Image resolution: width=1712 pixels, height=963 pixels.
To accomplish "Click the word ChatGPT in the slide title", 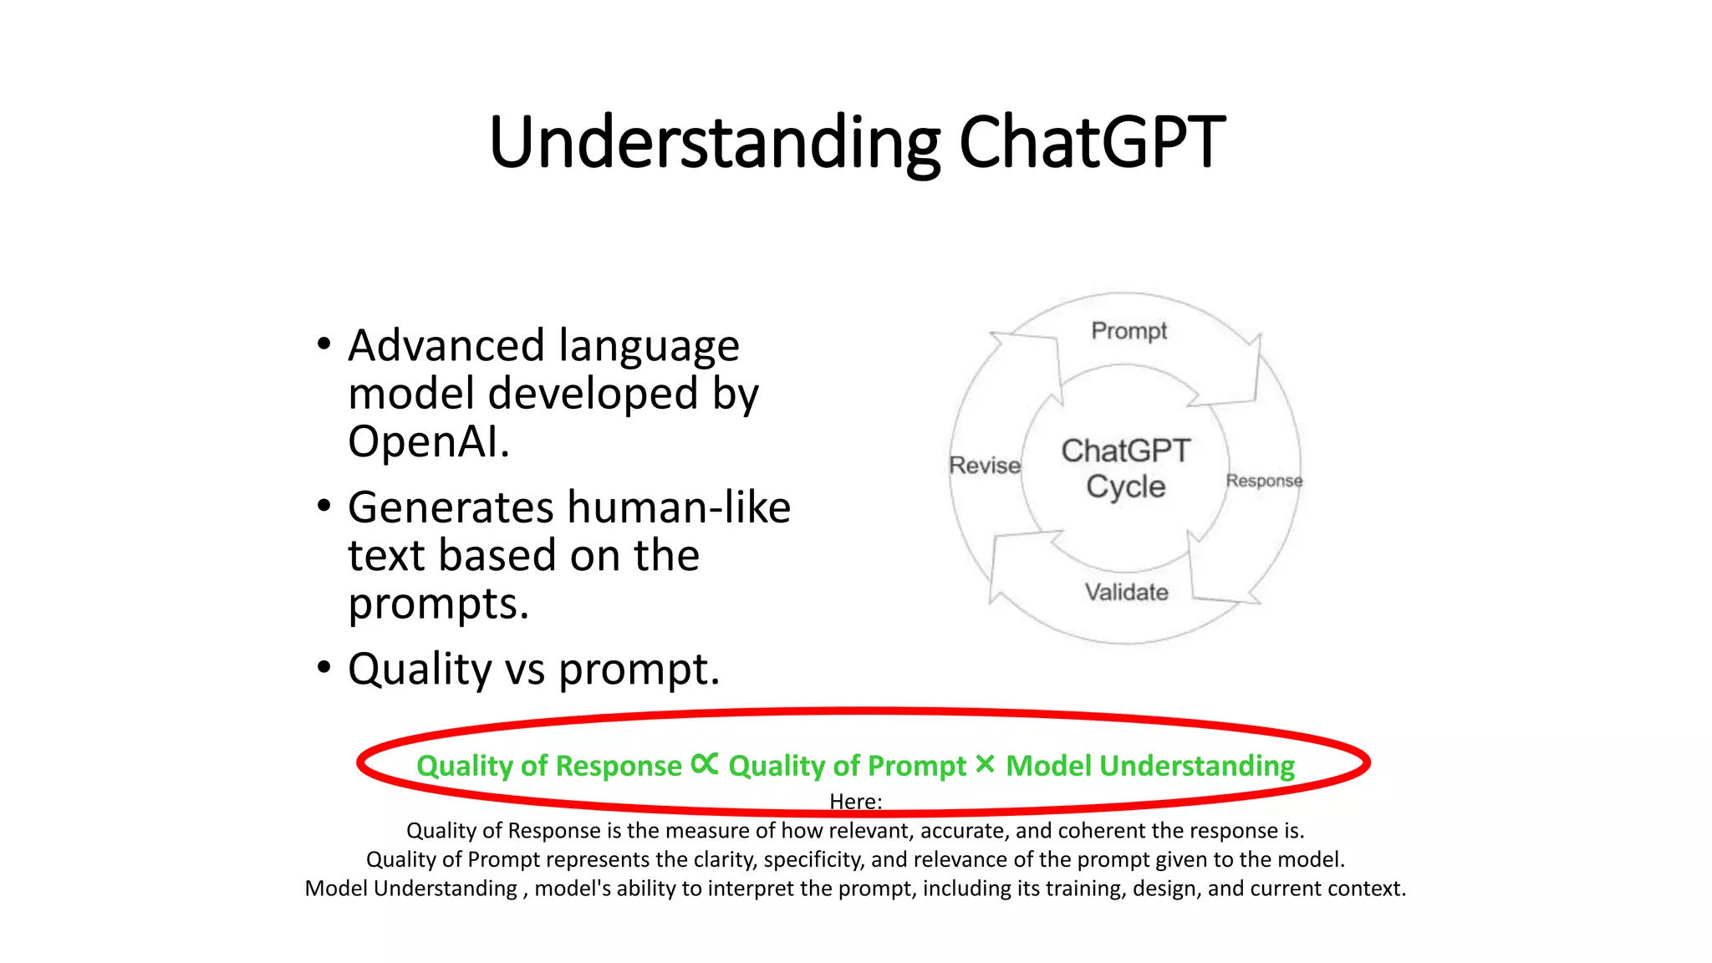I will [x=1091, y=142].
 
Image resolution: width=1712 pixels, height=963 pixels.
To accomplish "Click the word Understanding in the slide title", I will [x=715, y=144].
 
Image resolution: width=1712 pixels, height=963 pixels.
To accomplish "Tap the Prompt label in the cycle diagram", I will [x=1129, y=331].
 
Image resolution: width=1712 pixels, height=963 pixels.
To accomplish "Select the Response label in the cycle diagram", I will [x=1264, y=481].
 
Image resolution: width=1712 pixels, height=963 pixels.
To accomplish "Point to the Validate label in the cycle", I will [x=1126, y=592].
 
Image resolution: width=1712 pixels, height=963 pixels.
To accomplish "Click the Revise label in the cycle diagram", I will [x=985, y=466].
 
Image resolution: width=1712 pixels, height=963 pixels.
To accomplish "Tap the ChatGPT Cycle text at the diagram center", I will [x=1125, y=468].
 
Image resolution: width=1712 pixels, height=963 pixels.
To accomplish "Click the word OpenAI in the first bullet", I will [x=428, y=441].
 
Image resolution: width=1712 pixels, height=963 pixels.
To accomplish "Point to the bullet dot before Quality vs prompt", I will [x=324, y=668].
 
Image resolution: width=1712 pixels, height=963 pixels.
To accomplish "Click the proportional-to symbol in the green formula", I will [x=705, y=764].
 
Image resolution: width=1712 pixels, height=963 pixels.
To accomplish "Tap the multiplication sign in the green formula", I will [x=985, y=764].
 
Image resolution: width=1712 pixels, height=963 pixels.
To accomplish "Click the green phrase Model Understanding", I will [x=1149, y=766].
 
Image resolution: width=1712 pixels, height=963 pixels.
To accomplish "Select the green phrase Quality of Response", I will [x=548, y=766].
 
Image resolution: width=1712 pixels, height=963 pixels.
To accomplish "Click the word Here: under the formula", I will [x=855, y=802].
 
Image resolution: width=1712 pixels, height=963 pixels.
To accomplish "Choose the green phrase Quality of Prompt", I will [x=847, y=766].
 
